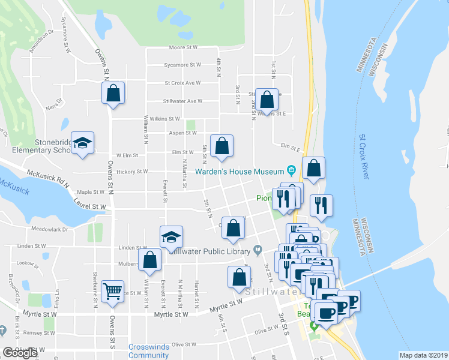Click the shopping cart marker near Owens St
tap(112, 292)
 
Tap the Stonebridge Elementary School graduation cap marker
tap(83, 143)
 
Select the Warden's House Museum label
tap(239, 172)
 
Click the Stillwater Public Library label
tap(210, 251)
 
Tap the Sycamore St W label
tap(182, 65)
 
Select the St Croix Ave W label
tap(182, 83)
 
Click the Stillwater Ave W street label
tap(182, 101)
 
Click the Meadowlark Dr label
tap(51, 229)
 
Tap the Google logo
tap(20, 353)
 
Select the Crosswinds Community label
tap(148, 351)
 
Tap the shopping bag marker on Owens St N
tap(113, 93)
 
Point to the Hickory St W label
tap(132, 172)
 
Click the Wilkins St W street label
tap(165, 119)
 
